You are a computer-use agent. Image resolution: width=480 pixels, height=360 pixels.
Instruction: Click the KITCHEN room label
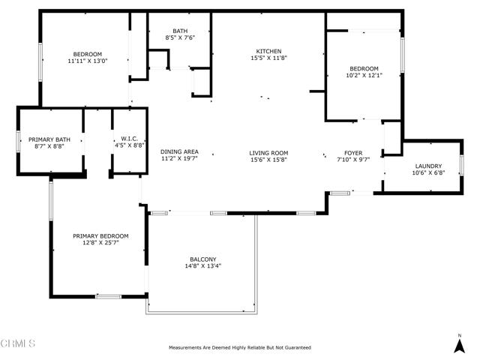tap(268, 50)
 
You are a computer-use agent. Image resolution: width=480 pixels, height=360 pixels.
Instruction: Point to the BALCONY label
tap(202, 259)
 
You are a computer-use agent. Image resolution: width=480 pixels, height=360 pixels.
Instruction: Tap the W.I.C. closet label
tap(127, 139)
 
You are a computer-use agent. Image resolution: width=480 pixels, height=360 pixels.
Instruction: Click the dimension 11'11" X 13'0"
tap(87, 61)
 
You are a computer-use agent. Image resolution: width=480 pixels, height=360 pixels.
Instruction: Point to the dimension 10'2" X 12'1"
tap(363, 75)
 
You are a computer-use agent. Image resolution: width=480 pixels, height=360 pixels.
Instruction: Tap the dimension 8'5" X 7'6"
tap(180, 37)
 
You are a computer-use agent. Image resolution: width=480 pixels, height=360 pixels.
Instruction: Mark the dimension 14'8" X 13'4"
tap(202, 266)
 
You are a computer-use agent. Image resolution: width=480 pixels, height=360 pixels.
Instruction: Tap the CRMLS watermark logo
tap(18, 343)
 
